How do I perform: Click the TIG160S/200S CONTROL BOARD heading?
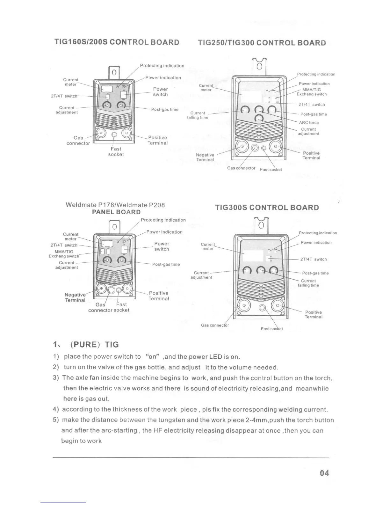[117, 42]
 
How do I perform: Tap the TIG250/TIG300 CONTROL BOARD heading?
[262, 43]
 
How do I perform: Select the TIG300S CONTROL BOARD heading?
[267, 208]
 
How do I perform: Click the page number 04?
[324, 473]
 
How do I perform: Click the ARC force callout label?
[309, 122]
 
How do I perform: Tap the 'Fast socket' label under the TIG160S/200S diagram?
[116, 152]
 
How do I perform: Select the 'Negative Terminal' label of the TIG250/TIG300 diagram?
[205, 157]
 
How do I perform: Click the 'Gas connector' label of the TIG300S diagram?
[215, 325]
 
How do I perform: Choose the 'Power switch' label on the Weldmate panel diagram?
[162, 246]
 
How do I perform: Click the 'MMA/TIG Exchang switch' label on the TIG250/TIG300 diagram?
[312, 92]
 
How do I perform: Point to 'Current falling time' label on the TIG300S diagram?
[308, 283]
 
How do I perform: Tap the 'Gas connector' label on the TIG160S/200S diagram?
[78, 141]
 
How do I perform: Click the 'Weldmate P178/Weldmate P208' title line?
[115, 205]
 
